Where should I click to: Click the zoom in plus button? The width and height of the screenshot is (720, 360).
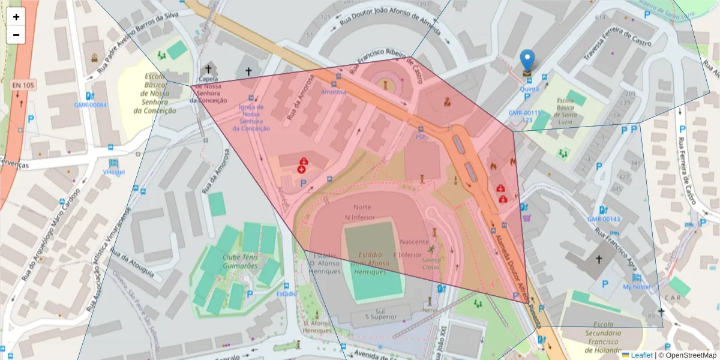(16, 17)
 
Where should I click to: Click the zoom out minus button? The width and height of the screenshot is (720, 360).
(16, 35)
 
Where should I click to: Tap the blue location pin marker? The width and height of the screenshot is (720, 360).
(527, 61)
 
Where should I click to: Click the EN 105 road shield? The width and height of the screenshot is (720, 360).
(22, 86)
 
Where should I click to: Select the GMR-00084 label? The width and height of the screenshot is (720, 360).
(90, 105)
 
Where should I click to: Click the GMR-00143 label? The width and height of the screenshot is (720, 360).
(604, 219)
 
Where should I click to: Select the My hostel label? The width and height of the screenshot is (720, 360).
(636, 287)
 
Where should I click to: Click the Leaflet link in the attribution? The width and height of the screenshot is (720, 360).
(641, 355)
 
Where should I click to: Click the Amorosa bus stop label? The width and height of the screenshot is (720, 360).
(334, 92)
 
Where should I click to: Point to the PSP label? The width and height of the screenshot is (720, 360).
(421, 137)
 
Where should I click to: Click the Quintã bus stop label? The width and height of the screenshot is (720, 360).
(529, 89)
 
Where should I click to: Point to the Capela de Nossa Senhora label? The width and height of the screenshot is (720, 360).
(208, 89)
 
